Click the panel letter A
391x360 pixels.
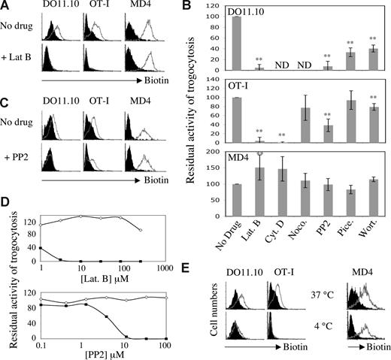coord(6,7)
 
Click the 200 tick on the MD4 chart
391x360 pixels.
coord(217,152)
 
